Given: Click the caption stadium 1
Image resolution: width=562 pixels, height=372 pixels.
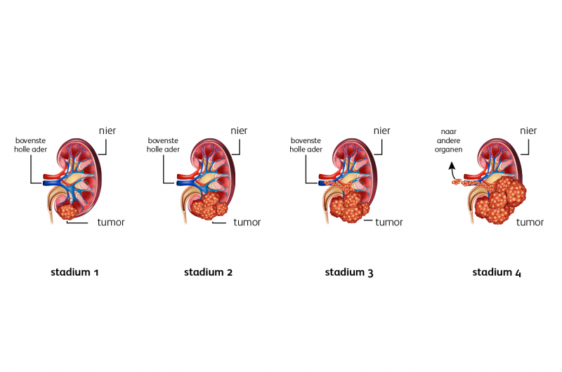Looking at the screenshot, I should coord(74,272).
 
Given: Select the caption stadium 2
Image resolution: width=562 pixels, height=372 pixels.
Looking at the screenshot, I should coord(208,272).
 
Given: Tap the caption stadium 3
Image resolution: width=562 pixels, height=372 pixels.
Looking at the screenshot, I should coord(349,272).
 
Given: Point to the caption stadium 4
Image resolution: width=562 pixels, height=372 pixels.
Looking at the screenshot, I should coord(497,272).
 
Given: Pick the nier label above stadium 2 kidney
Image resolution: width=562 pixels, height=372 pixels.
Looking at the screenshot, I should coord(241,130).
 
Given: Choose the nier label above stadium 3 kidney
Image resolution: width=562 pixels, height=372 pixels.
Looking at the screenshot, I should coord(382,130).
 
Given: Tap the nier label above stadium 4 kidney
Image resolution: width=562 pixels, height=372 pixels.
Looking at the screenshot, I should coord(528,130).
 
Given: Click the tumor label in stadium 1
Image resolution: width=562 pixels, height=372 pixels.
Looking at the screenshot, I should coord(111,222).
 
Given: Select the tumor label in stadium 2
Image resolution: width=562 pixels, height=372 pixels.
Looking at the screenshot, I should coord(247,222).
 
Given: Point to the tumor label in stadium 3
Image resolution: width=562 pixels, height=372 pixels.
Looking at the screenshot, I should coord(389,222).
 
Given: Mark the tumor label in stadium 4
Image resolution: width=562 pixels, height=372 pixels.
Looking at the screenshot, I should coord(530,222).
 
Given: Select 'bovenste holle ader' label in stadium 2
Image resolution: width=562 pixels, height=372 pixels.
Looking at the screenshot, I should coord(164,144).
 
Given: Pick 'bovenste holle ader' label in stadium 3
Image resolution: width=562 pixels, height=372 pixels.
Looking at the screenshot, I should coord(306,144).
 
